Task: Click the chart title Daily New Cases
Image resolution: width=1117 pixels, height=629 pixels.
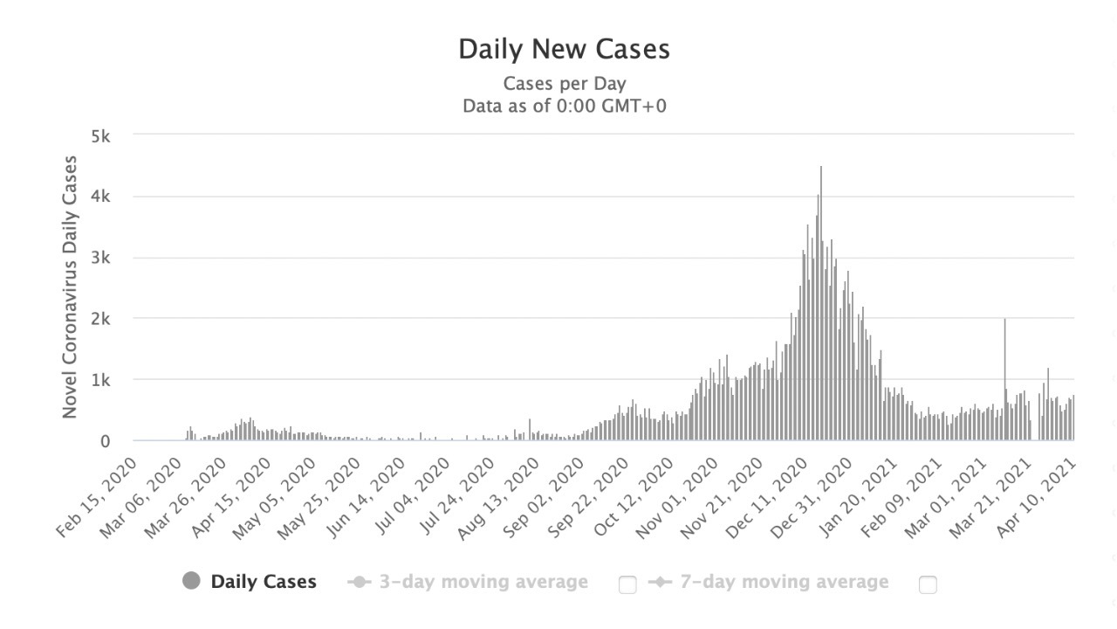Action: coord(564,49)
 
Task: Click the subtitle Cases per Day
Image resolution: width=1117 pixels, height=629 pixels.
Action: coord(564,84)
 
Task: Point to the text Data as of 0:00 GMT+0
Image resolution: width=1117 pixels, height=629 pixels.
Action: coord(564,106)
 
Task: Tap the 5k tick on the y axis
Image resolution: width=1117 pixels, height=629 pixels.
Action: coord(99,136)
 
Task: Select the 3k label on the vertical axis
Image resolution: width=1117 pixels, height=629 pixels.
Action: coord(99,259)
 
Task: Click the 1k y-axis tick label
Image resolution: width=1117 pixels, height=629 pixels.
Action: coord(99,380)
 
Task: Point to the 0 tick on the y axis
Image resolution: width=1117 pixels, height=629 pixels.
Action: coord(105,441)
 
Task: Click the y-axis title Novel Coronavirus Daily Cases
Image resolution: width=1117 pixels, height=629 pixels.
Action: coord(71,287)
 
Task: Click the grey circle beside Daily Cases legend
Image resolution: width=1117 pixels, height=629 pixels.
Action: coord(192,582)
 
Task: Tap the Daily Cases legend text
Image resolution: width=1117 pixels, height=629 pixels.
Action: coord(264,582)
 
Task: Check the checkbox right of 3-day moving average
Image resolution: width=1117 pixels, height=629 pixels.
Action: coord(627,584)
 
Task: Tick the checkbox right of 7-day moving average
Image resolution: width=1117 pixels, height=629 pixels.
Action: coord(928,584)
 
